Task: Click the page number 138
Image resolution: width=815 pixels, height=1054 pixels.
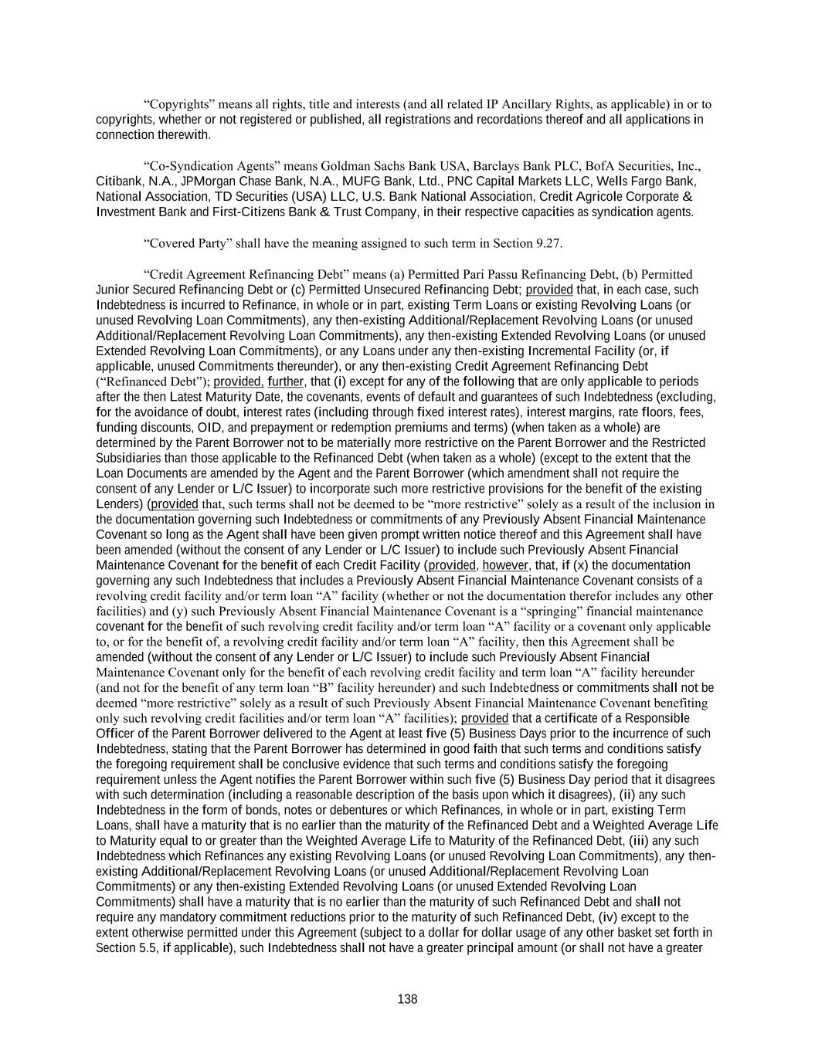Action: pyautogui.click(x=407, y=999)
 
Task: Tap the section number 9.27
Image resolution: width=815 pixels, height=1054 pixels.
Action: pyautogui.click(x=548, y=243)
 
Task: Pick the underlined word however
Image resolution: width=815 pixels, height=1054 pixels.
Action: pyautogui.click(x=505, y=565)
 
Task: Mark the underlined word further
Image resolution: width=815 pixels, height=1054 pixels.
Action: pyautogui.click(x=287, y=381)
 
